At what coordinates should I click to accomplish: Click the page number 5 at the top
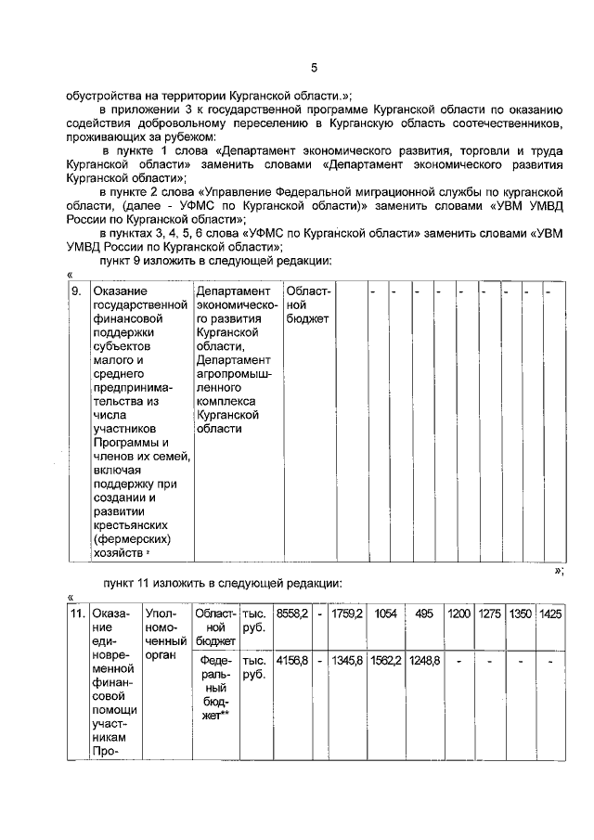[x=313, y=67]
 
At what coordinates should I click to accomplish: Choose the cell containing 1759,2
[x=347, y=614]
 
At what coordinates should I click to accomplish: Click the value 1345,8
[x=347, y=660]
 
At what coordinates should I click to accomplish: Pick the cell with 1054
[x=385, y=614]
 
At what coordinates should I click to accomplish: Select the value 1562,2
[x=385, y=660]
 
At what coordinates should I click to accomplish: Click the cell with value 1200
[x=459, y=614]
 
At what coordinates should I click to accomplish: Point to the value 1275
[x=490, y=614]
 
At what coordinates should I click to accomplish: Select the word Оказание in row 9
[x=120, y=292]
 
